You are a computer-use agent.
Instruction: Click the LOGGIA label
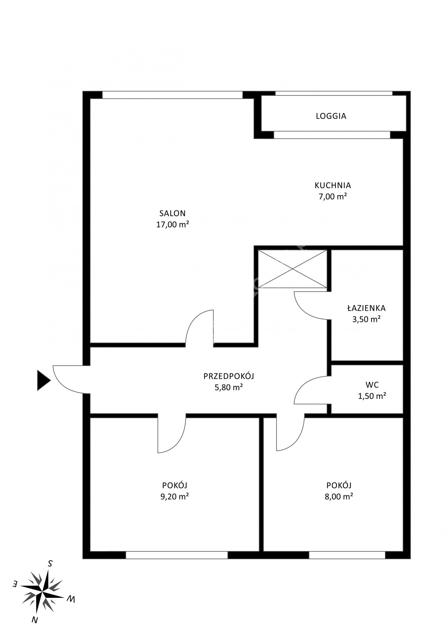click(x=331, y=116)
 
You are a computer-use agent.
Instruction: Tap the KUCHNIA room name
click(x=333, y=185)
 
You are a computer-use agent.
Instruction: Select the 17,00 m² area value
click(x=172, y=225)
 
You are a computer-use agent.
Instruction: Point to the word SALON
click(x=172, y=213)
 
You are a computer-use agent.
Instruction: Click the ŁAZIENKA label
click(x=366, y=308)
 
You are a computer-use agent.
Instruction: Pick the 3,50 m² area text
click(x=366, y=319)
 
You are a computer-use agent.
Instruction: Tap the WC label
click(x=372, y=385)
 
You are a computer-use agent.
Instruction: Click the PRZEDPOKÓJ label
click(x=229, y=376)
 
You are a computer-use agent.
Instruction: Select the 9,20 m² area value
click(x=175, y=497)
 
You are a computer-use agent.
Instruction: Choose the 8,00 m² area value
click(x=339, y=497)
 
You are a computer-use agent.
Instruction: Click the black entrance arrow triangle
click(x=44, y=380)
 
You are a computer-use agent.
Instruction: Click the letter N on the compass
click(x=35, y=620)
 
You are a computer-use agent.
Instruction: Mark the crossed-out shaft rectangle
click(x=292, y=269)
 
